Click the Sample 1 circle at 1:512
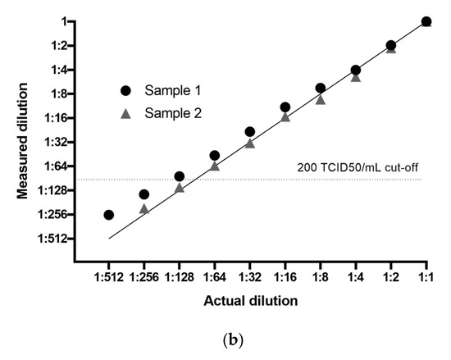(108, 215)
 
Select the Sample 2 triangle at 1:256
(144, 209)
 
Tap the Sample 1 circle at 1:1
(426, 21)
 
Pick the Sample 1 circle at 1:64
(214, 155)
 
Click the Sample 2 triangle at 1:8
(321, 99)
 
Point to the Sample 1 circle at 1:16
(285, 107)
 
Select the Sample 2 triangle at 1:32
(249, 143)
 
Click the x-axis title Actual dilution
(250, 301)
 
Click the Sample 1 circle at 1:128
(179, 176)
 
